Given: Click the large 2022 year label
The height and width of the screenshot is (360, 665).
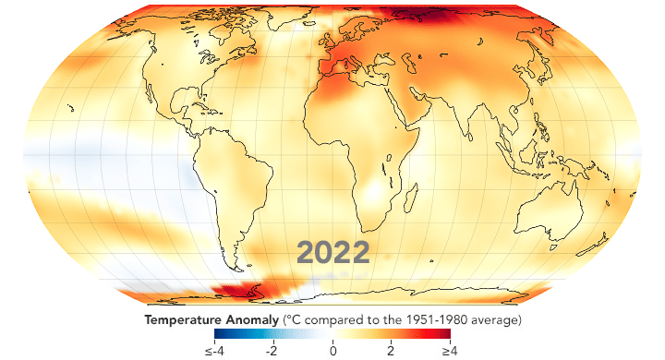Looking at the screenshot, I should pos(332,252).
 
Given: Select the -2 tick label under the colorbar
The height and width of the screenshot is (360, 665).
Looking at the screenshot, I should pos(271,351).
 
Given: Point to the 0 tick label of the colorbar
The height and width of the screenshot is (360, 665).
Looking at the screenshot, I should pos(332,351).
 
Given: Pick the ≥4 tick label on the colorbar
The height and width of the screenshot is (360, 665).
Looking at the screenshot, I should pos(448,351).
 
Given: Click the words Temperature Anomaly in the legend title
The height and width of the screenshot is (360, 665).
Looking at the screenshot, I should pos(208,319).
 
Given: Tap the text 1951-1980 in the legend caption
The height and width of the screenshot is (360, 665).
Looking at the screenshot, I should pos(435,319).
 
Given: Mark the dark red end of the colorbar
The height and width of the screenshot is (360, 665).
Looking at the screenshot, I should pos(446,334).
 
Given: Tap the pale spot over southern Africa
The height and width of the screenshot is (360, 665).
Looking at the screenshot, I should pos(377,196).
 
